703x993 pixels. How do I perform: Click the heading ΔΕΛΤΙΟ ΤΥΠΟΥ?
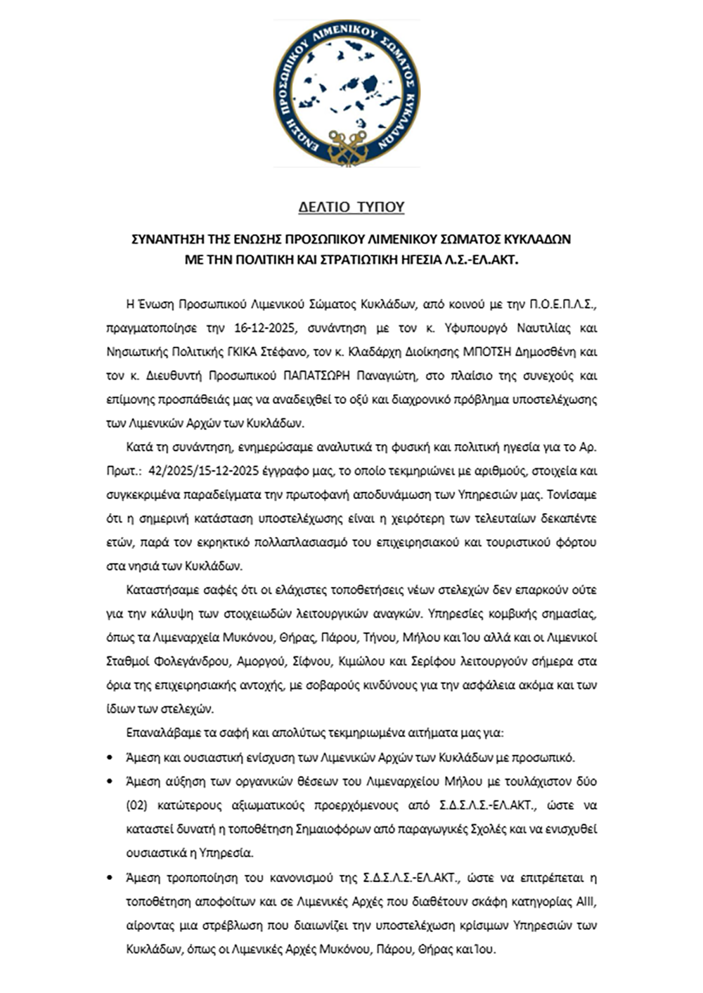click(x=351, y=207)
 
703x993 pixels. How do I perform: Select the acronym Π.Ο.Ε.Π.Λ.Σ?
click(x=562, y=304)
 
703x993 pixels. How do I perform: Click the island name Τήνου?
click(x=380, y=637)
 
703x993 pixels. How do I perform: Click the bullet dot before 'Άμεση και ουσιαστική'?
click(x=109, y=758)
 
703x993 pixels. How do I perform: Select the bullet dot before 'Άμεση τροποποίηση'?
click(x=109, y=877)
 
